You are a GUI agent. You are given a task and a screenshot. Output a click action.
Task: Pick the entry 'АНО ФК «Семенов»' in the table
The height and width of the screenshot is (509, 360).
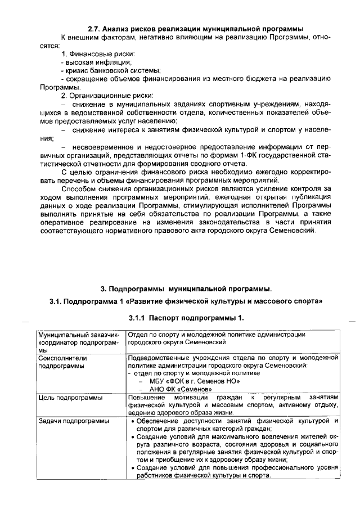coord(180,389)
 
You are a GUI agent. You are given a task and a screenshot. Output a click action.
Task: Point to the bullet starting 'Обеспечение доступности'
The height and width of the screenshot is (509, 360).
coord(174,421)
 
